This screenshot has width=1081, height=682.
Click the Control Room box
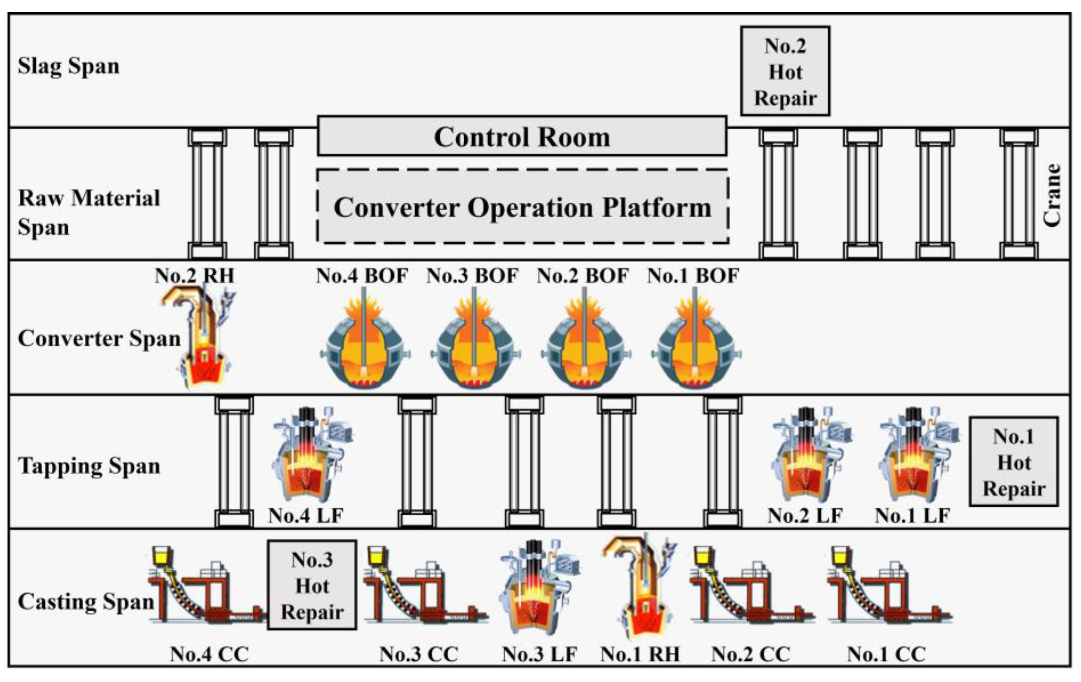pos(522,137)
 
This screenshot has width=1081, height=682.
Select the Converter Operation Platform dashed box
pos(522,207)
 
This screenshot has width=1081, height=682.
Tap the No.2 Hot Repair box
pos(785,72)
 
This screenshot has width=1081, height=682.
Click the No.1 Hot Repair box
pos(1014,462)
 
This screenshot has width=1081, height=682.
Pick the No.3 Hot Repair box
pos(312,585)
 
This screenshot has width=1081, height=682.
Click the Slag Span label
pos(69,66)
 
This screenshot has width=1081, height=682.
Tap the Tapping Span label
pos(89,466)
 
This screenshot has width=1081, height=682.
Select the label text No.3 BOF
pos(472,276)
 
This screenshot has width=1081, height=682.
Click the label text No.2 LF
pos(804,516)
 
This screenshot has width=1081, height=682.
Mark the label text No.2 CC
pos(750,654)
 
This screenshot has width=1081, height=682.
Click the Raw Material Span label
pos(88,212)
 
